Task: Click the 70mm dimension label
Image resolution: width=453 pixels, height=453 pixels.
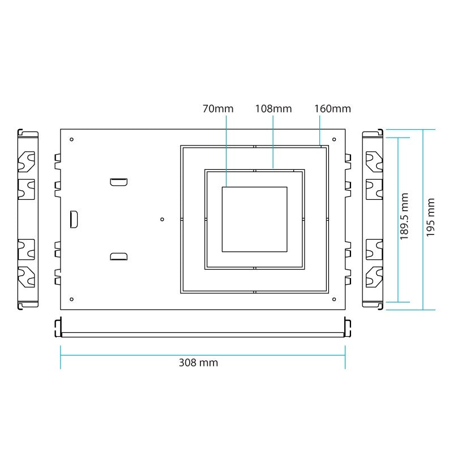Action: [x=217, y=108]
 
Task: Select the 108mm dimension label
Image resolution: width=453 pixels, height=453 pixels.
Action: [x=273, y=108]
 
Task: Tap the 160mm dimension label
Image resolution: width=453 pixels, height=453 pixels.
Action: [x=332, y=108]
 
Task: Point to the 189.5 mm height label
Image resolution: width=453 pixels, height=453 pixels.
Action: [x=404, y=216]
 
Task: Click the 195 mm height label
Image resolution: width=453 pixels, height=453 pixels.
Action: [x=430, y=218]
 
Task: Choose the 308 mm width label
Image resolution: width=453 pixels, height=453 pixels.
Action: [x=198, y=363]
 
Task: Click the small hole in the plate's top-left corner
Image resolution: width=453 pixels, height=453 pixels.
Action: [x=71, y=140]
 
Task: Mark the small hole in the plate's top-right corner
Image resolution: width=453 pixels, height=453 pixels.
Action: [x=334, y=140]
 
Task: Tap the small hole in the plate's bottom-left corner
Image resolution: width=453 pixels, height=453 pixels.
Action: [x=71, y=299]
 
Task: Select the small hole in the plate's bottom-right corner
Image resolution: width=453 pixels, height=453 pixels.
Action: [x=334, y=299]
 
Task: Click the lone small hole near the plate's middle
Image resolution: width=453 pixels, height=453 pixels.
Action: [x=162, y=219]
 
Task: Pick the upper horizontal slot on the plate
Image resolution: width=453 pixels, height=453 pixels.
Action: [x=119, y=182]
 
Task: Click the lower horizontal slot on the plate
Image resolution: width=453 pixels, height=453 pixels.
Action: [x=119, y=257]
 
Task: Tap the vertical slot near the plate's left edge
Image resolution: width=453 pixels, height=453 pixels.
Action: [x=74, y=219]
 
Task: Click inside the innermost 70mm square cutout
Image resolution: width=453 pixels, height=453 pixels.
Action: [x=254, y=219]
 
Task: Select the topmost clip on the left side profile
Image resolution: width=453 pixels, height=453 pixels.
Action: [x=27, y=161]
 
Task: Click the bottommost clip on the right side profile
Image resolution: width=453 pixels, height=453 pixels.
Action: [x=374, y=277]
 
